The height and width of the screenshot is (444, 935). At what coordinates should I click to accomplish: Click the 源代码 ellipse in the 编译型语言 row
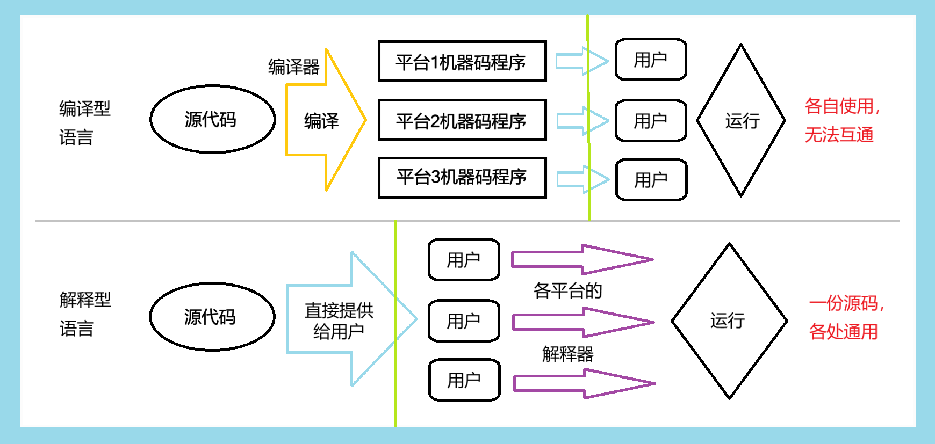[x=212, y=119]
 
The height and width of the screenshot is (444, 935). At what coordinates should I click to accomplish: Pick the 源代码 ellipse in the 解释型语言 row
[x=212, y=317]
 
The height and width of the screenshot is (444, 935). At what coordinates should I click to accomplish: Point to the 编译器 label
[x=294, y=67]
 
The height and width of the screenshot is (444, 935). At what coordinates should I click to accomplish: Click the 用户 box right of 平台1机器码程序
[x=651, y=60]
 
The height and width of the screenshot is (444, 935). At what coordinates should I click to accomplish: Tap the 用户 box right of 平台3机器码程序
[x=651, y=180]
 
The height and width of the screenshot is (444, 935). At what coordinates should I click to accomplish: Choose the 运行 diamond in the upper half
[x=741, y=121]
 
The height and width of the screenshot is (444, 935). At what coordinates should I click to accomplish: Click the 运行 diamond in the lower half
[x=729, y=321]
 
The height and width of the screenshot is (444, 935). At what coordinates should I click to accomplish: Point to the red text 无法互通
[x=839, y=135]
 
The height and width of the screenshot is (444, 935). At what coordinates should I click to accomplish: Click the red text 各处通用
[x=843, y=332]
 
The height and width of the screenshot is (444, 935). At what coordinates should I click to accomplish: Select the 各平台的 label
[x=567, y=291]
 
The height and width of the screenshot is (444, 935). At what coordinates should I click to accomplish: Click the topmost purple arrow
[x=580, y=259]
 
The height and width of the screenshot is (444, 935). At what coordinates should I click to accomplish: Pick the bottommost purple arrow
[x=583, y=383]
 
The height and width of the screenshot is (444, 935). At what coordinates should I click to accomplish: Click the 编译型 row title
[x=85, y=109]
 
